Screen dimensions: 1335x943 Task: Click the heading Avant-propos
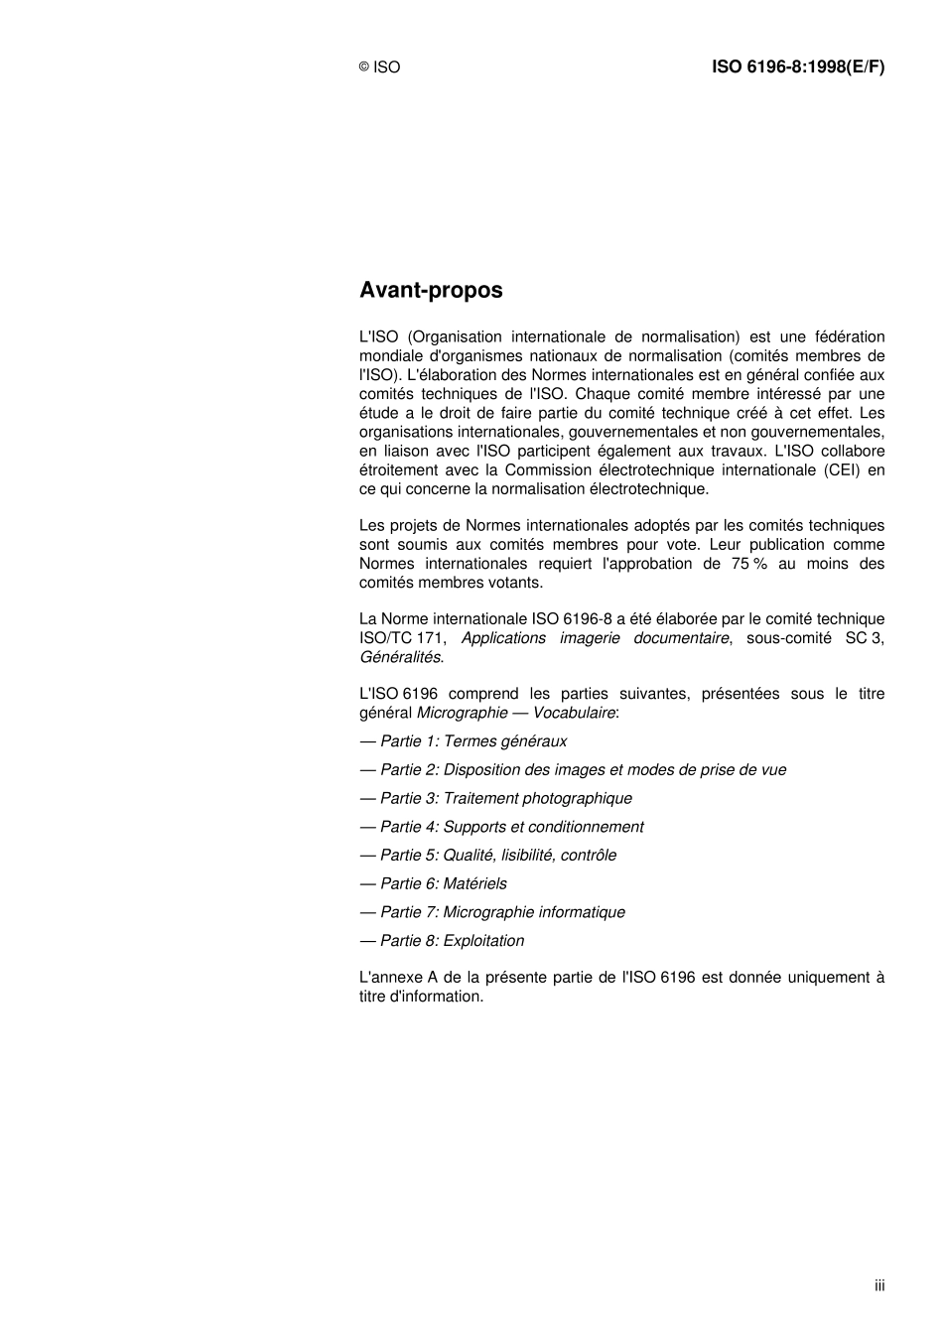click(x=431, y=291)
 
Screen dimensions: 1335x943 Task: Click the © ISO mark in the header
click(x=379, y=67)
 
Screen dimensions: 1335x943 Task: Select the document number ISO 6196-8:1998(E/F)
click(x=797, y=67)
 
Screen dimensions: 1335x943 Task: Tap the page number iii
click(x=879, y=1285)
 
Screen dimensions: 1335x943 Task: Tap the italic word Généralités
click(x=400, y=657)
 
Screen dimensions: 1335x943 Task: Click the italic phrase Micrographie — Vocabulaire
click(x=515, y=713)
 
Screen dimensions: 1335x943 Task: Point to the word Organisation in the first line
click(x=455, y=337)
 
